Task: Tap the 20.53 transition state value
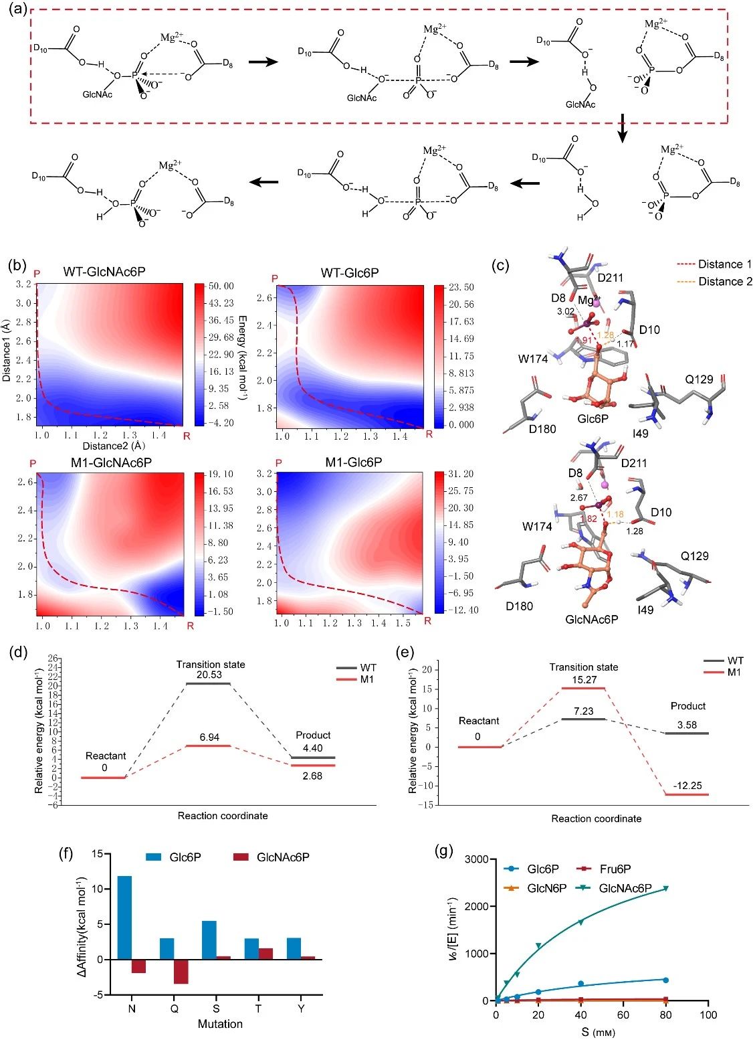[x=209, y=675]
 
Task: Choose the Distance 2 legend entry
[x=725, y=282]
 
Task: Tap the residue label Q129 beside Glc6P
[x=698, y=379]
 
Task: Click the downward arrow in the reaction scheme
[x=623, y=128]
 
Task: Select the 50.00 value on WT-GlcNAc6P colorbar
[x=221, y=286]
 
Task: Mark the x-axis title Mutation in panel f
[x=220, y=1024]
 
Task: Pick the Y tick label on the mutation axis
[x=301, y=1009]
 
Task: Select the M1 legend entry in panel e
[x=734, y=672]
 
